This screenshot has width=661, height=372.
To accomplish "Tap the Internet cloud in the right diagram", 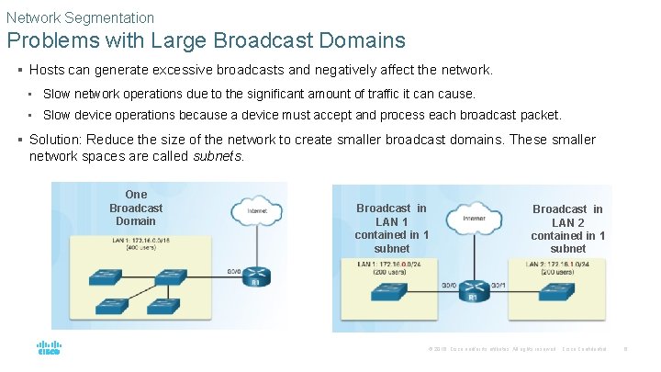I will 474,219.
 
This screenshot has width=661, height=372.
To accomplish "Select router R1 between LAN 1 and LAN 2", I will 474,288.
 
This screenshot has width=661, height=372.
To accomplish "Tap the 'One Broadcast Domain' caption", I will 136,208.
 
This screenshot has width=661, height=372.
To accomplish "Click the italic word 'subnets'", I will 218,156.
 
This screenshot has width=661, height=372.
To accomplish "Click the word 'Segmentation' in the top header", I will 109,17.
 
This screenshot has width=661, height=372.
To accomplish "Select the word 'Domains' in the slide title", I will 356,40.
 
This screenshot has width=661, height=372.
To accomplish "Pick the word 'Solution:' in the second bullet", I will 57,140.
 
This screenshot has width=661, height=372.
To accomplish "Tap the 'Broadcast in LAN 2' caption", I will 567,229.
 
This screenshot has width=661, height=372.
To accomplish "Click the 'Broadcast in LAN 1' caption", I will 391,228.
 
